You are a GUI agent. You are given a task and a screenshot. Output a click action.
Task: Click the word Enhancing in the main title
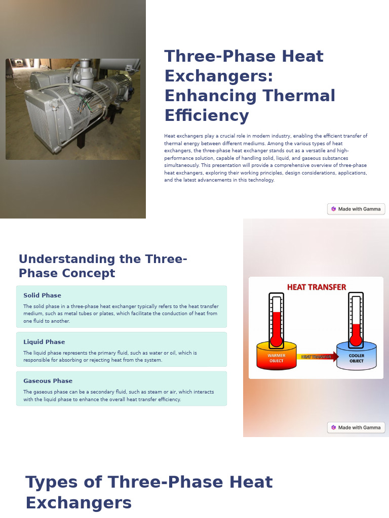(210, 96)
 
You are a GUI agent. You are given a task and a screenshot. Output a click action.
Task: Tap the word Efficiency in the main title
(206, 115)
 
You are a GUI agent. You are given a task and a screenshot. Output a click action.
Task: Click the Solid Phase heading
(42, 295)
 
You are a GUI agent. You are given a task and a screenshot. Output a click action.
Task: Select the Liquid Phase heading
(44, 342)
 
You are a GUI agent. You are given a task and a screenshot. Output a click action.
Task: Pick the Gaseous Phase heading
(48, 381)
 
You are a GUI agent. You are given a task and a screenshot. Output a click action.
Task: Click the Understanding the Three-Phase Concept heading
(103, 266)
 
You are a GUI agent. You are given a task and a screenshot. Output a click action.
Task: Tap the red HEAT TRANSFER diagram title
(316, 287)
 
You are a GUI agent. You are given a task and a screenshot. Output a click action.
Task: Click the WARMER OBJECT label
(276, 358)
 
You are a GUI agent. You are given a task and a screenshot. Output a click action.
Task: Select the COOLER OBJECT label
(356, 358)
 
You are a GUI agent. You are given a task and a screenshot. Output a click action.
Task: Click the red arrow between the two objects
(318, 357)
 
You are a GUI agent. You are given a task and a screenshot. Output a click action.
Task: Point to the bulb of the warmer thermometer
(276, 341)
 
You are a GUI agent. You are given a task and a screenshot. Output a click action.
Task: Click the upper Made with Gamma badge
(356, 209)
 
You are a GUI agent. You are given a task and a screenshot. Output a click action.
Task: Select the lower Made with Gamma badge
(356, 427)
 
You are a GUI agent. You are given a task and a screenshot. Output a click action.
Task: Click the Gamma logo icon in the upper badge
(334, 209)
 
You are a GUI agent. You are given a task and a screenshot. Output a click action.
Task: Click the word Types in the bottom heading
(51, 482)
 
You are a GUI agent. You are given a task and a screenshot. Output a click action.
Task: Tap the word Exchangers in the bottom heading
(79, 503)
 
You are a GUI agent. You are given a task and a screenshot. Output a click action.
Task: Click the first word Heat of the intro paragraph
(169, 136)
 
